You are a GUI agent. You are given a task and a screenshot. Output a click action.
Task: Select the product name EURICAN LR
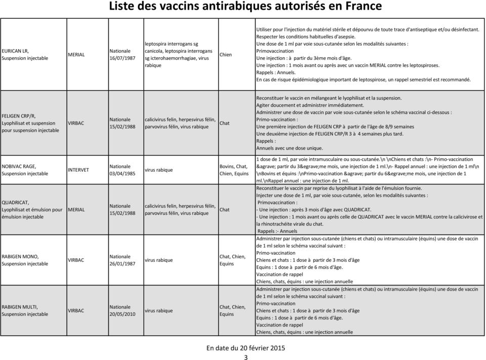click(15, 51)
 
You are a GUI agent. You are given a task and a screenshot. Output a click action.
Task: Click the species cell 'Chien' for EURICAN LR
click(226, 54)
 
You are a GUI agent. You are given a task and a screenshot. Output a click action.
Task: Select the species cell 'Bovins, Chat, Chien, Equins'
click(234, 170)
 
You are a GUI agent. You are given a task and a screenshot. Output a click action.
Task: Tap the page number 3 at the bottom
click(246, 357)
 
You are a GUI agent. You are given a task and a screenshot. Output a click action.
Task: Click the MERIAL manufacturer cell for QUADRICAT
click(77, 209)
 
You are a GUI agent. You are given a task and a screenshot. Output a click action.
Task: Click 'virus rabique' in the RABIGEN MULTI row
click(159, 310)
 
